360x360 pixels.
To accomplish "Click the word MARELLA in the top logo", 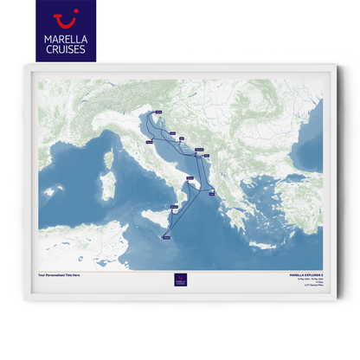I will click(x=65, y=38).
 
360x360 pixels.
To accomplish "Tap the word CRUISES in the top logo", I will click(x=65, y=49).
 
